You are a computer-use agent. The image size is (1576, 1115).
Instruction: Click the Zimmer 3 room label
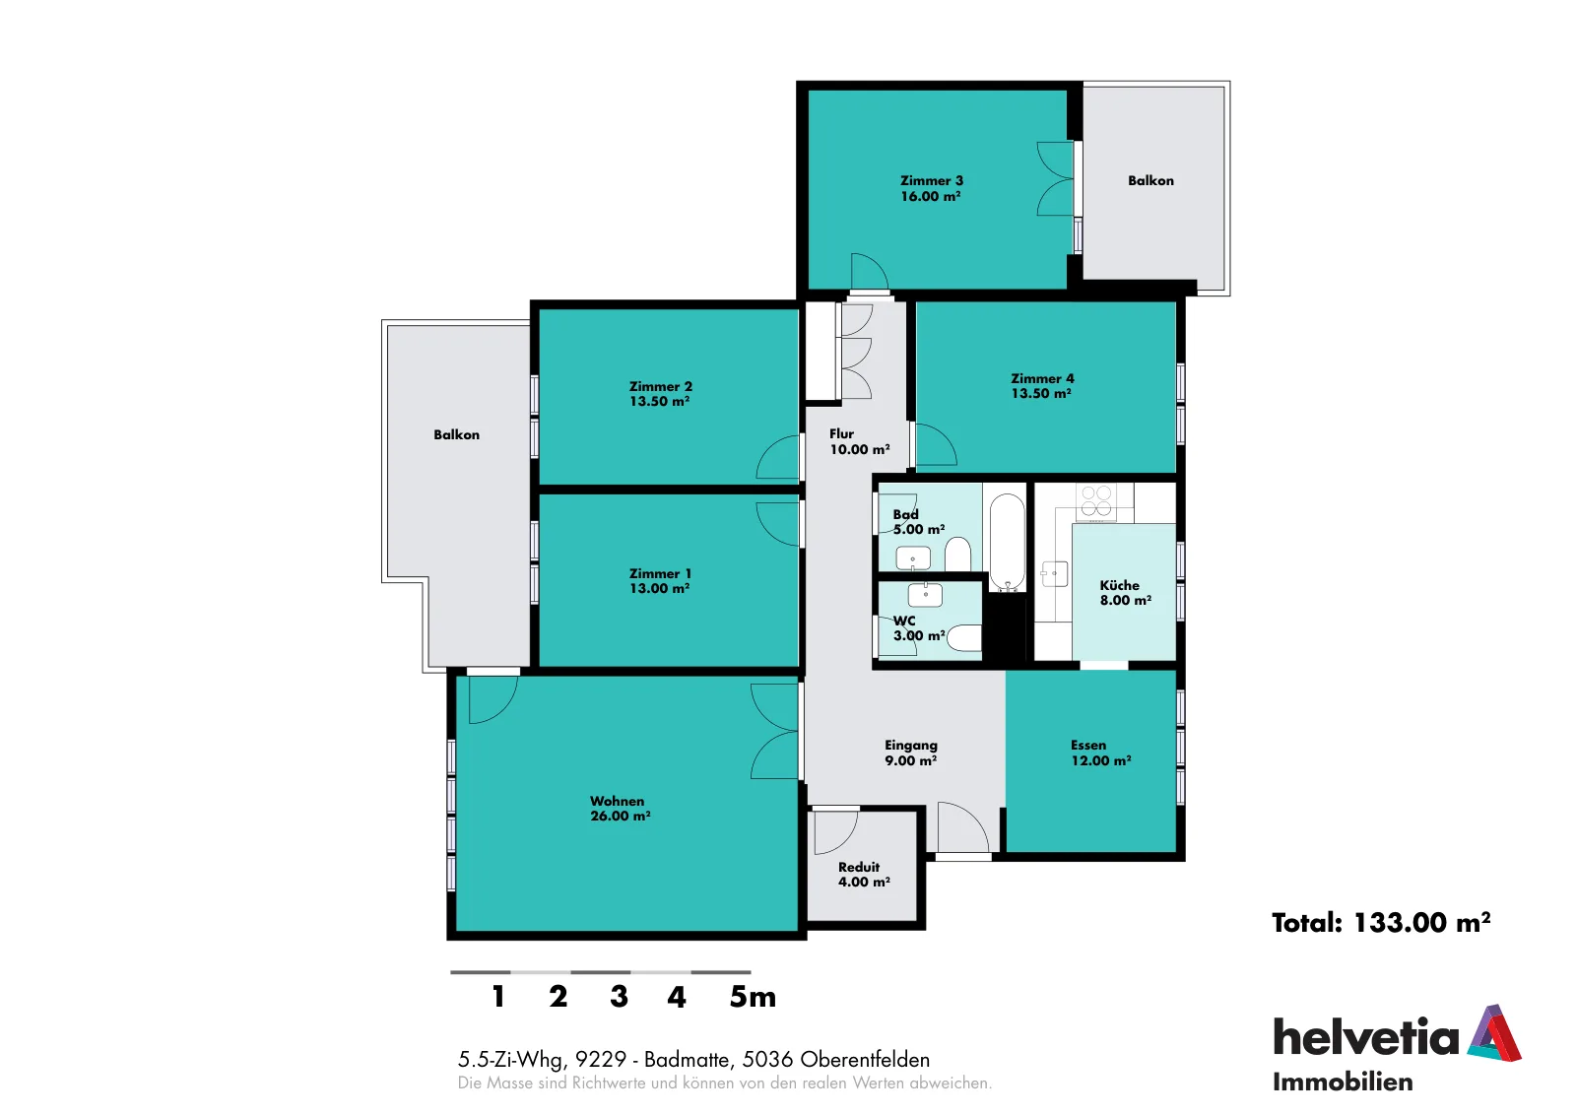pos(932,188)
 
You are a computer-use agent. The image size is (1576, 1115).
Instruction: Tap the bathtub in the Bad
pos(1007,543)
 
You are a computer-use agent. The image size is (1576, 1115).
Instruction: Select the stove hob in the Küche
pos(1096,501)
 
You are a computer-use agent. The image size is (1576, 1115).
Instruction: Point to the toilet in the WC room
pos(964,638)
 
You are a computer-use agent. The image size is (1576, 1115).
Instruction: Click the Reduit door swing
pos(836,833)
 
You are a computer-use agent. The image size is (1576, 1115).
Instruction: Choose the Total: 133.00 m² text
pos(1380,922)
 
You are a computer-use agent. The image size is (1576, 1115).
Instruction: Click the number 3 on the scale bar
pos(619,996)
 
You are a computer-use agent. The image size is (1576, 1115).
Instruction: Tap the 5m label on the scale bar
pos(753,996)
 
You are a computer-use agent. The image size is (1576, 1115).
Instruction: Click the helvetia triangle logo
pos(1494,1034)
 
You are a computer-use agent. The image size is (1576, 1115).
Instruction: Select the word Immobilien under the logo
pos(1343,1082)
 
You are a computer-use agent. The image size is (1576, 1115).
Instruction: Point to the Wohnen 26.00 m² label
pos(620,809)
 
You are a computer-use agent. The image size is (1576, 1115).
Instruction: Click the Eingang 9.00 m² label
pos(911,752)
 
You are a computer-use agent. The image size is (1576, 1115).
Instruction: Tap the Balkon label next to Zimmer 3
pos(1150,181)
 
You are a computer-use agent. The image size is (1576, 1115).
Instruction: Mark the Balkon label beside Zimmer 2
pos(457,434)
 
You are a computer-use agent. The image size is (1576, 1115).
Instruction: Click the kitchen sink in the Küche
pos(1054,573)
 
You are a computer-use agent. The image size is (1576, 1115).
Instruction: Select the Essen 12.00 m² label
pos(1101,752)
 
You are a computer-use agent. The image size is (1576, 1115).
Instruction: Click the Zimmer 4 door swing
pos(937,444)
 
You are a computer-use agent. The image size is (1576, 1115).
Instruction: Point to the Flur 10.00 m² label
pos(859,441)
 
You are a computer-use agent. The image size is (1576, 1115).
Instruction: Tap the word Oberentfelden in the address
pos(865,1060)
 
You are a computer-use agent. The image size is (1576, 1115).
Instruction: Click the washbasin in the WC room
pos(925,594)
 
